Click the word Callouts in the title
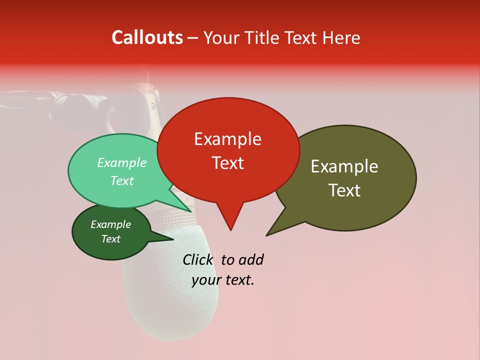pyautogui.click(x=147, y=37)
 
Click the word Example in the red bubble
pyautogui.click(x=227, y=139)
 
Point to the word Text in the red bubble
pyautogui.click(x=227, y=162)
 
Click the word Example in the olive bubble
pyautogui.click(x=344, y=166)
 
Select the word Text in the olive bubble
pyautogui.click(x=344, y=190)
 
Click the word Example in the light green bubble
pyautogui.click(x=122, y=162)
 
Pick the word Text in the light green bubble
pyautogui.click(x=122, y=180)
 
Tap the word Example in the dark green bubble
pyautogui.click(x=110, y=224)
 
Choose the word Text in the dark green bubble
pyautogui.click(x=110, y=239)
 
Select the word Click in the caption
pyautogui.click(x=198, y=259)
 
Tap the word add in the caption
pyautogui.click(x=251, y=259)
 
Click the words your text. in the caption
pyautogui.click(x=223, y=280)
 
